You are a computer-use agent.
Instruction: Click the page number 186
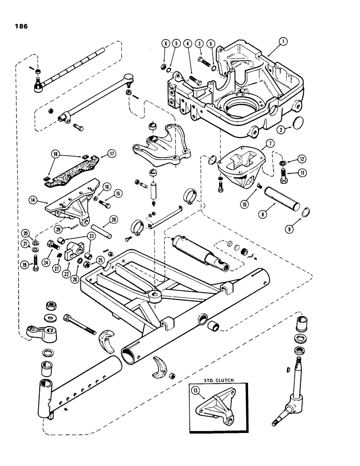point(20,27)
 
